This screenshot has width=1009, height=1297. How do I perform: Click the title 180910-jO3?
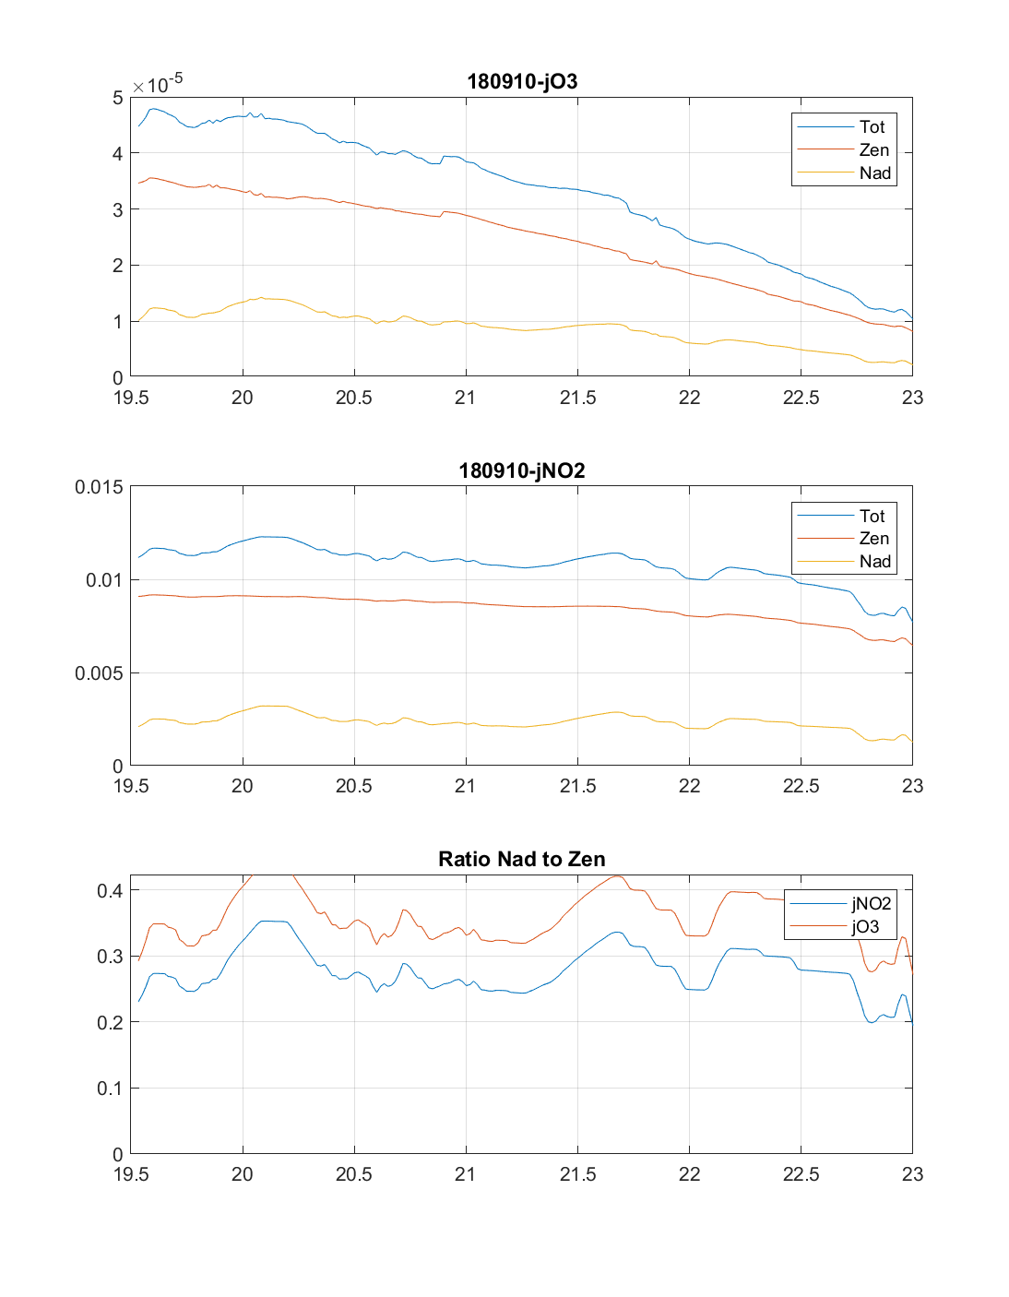coord(522,81)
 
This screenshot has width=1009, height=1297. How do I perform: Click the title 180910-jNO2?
coord(522,470)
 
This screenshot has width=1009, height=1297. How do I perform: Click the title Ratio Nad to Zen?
coord(522,859)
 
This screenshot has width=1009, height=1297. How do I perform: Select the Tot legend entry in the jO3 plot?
coord(872,127)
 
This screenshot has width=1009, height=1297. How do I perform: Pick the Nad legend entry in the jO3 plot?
coord(874,173)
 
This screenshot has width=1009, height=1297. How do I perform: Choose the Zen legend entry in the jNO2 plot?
coord(873,539)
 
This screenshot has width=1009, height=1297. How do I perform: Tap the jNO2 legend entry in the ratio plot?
coord(871,904)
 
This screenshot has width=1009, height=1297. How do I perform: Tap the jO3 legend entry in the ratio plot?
coord(865,926)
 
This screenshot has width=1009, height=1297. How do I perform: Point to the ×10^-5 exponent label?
coord(158,84)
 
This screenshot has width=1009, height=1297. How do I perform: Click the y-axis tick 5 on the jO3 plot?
coord(117,98)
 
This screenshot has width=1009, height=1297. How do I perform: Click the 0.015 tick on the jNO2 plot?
coord(99,487)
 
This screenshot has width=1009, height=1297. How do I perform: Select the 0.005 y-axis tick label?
coord(99,673)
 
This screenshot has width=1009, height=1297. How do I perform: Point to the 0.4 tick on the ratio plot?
coord(110,890)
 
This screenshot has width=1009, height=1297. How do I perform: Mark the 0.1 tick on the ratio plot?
coord(110,1089)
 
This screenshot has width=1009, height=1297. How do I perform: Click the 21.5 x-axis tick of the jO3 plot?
coord(577,398)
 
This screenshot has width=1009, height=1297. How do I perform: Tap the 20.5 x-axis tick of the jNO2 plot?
coord(354,786)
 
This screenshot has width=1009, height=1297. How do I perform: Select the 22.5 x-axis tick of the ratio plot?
coord(801,1174)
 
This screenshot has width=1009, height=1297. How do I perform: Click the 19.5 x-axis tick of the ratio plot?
coord(131,1174)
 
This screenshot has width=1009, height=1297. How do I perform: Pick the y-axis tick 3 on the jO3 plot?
coord(117,209)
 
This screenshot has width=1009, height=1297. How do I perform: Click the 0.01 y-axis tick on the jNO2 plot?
coord(103,580)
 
